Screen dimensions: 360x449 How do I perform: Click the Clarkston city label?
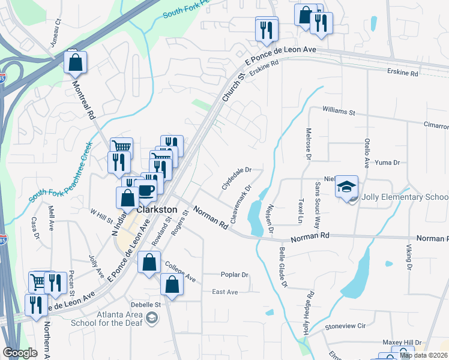pos(158,210)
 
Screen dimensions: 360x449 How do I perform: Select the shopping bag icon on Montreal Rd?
pos(76,62)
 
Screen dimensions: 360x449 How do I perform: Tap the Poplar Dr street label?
pos(234,275)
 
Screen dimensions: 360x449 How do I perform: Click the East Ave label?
pos(225,292)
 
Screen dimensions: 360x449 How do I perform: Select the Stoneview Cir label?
pos(345,327)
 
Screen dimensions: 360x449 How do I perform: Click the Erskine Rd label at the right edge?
pos(402,73)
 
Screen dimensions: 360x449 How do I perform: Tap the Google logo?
pos(20,353)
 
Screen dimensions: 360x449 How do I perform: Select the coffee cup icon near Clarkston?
pos(147,190)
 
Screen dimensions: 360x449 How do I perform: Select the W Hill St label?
pos(101,215)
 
